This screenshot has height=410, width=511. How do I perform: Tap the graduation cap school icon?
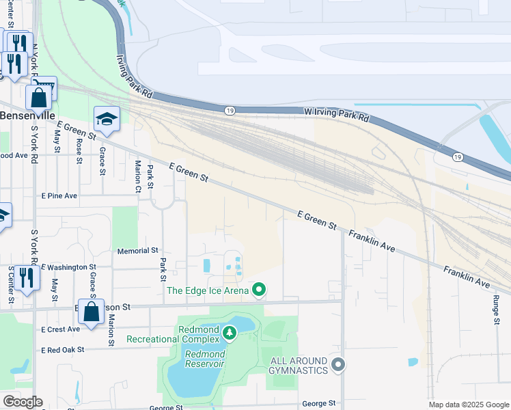click(107, 120)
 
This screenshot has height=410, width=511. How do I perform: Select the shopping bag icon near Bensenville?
click(39, 98)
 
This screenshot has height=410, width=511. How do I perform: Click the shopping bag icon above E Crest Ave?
click(91, 312)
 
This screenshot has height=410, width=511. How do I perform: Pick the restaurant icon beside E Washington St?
click(26, 277)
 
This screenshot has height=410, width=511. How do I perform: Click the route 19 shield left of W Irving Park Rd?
click(230, 110)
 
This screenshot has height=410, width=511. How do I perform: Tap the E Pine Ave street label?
click(59, 195)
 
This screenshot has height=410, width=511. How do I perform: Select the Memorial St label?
click(137, 251)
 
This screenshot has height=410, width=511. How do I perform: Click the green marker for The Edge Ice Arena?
click(259, 291)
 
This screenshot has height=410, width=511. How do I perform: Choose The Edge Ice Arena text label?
click(208, 291)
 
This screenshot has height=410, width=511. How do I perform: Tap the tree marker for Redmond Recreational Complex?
click(230, 333)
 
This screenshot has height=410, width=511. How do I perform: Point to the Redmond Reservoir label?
click(205, 359)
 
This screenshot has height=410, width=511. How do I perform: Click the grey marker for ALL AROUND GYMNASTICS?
click(337, 365)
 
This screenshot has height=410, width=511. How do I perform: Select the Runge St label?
click(497, 297)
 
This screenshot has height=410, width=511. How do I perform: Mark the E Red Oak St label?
click(62, 349)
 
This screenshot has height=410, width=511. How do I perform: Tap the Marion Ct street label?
click(138, 176)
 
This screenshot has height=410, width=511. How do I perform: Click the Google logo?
click(22, 402)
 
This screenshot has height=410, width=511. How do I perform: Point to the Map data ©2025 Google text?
click(469, 405)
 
